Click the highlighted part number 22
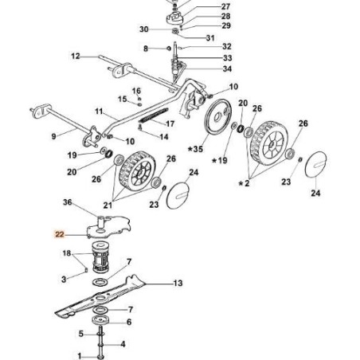pyautogui.click(x=60, y=235)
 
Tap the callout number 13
pyautogui.click(x=178, y=283)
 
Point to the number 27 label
pyautogui.click(x=203, y=6)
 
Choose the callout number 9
pyautogui.click(x=54, y=136)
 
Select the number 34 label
pyautogui.click(x=205, y=68)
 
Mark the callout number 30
pyautogui.click(x=144, y=29)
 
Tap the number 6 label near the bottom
pyautogui.click(x=129, y=322)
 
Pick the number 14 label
pyautogui.click(x=164, y=136)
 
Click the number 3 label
pyautogui.click(x=64, y=279)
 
